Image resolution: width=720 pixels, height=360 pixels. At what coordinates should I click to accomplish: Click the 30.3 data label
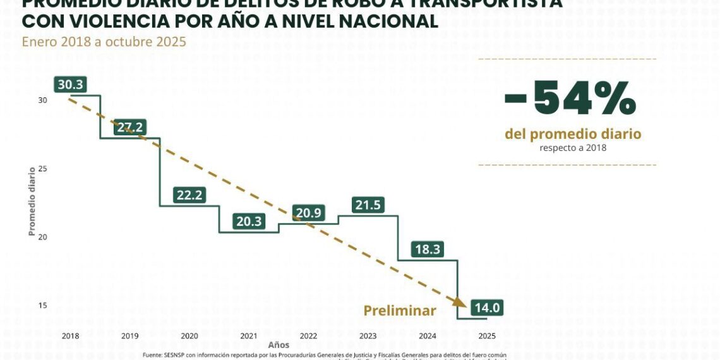(x=70, y=85)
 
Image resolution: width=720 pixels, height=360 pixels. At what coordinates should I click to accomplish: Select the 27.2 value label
(x=129, y=128)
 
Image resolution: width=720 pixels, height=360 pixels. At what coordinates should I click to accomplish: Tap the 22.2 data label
(x=189, y=195)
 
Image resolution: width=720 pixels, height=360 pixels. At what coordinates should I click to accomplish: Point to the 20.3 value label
(x=249, y=221)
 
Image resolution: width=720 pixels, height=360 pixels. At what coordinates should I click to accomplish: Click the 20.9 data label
(x=308, y=213)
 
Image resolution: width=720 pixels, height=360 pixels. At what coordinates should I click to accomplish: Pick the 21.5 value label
(x=368, y=205)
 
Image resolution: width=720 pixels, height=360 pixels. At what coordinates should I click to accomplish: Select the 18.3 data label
(x=428, y=249)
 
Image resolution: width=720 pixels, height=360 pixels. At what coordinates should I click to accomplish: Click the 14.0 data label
(x=488, y=308)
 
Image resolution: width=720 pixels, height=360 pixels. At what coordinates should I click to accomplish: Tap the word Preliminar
(x=399, y=311)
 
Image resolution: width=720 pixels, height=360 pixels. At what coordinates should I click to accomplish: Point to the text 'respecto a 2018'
(x=572, y=148)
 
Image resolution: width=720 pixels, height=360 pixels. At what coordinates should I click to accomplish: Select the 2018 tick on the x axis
(x=70, y=335)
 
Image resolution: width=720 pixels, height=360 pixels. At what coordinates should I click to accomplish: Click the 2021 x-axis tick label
(x=249, y=335)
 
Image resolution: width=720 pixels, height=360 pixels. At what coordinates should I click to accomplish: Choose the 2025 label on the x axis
(x=488, y=335)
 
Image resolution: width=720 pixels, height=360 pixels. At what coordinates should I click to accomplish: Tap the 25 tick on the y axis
(x=42, y=169)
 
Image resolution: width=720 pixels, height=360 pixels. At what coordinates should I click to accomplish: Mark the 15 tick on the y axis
(x=42, y=306)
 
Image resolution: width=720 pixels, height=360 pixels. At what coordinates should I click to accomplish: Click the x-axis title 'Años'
(x=279, y=345)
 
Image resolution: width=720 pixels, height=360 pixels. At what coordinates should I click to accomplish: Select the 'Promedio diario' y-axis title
(x=31, y=201)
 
